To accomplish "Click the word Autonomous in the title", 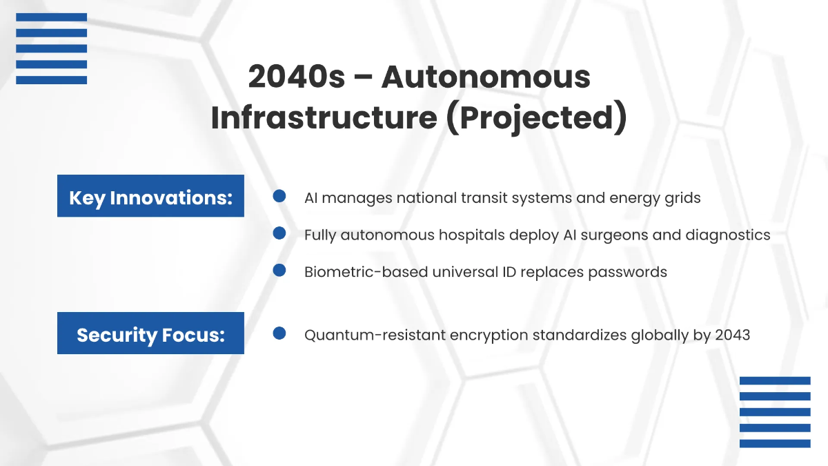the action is (486, 77).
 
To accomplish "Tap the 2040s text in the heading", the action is (297, 77).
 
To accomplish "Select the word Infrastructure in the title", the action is (324, 117).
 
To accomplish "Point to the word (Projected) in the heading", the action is (536, 118).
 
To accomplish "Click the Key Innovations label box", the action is (150, 195).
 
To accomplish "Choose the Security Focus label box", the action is (150, 333).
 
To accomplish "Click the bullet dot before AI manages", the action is (279, 196).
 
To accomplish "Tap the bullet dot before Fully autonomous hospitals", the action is (279, 233).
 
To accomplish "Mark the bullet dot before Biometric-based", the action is (279, 270).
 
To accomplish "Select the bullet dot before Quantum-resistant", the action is (279, 333).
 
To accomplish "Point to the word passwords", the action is (628, 273).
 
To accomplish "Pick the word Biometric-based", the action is (366, 272).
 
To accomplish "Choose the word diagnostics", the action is (728, 235).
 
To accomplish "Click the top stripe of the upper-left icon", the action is (51, 17).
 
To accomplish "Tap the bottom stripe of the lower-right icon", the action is (775, 443).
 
